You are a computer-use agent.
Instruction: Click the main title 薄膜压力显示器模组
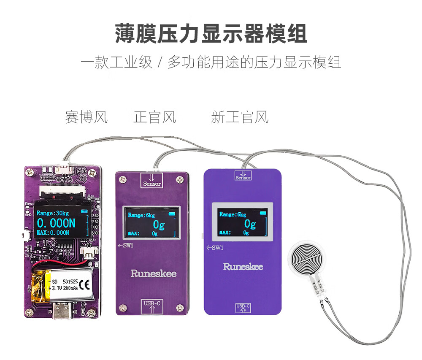[211, 34]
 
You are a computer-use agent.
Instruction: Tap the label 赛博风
[86, 117]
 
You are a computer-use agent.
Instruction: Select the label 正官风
[154, 117]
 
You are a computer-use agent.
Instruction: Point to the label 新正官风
[239, 117]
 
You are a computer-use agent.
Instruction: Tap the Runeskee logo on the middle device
[153, 273]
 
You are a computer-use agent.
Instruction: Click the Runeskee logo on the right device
[243, 267]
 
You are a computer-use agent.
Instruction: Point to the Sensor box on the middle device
[152, 180]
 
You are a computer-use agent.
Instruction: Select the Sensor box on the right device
[243, 175]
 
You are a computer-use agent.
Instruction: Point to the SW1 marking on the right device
[215, 249]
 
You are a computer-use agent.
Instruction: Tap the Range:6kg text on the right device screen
[233, 214]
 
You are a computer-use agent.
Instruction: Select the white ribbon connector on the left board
[63, 192]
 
